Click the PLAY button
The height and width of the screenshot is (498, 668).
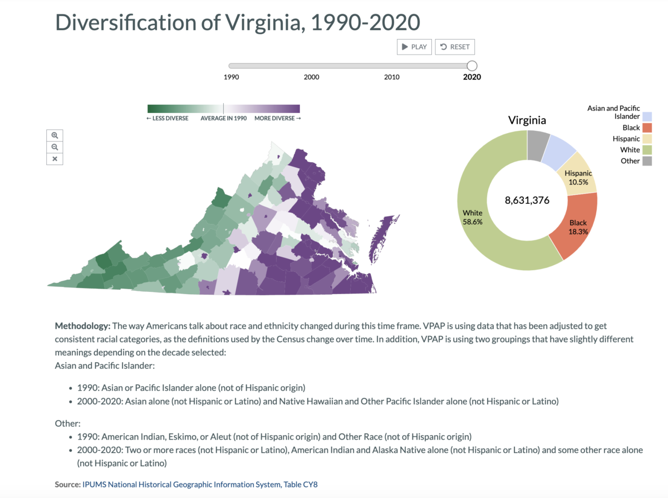click(x=415, y=47)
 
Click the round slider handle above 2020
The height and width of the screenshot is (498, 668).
click(x=471, y=66)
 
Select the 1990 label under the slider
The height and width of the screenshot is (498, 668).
click(x=231, y=77)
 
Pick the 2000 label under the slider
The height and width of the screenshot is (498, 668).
click(x=311, y=77)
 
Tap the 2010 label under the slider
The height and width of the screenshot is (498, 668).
click(x=391, y=77)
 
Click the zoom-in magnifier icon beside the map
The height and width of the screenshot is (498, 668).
click(x=55, y=135)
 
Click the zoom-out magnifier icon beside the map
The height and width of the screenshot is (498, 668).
click(x=55, y=147)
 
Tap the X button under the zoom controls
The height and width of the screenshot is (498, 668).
click(x=55, y=159)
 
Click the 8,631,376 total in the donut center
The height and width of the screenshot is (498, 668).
click(x=527, y=200)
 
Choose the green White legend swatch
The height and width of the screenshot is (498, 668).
click(x=647, y=150)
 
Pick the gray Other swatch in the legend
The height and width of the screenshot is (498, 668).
click(x=647, y=161)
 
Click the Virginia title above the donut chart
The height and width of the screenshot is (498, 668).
click(x=527, y=120)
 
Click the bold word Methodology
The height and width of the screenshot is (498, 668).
click(x=82, y=325)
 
